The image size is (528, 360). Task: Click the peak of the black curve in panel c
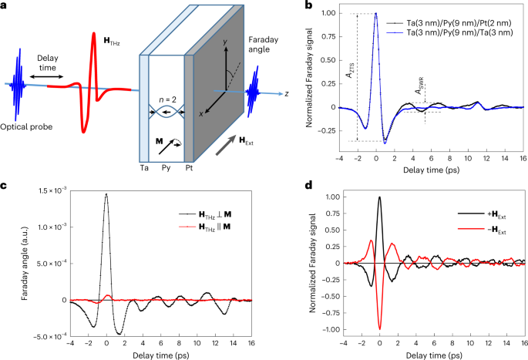(x=106, y=194)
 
